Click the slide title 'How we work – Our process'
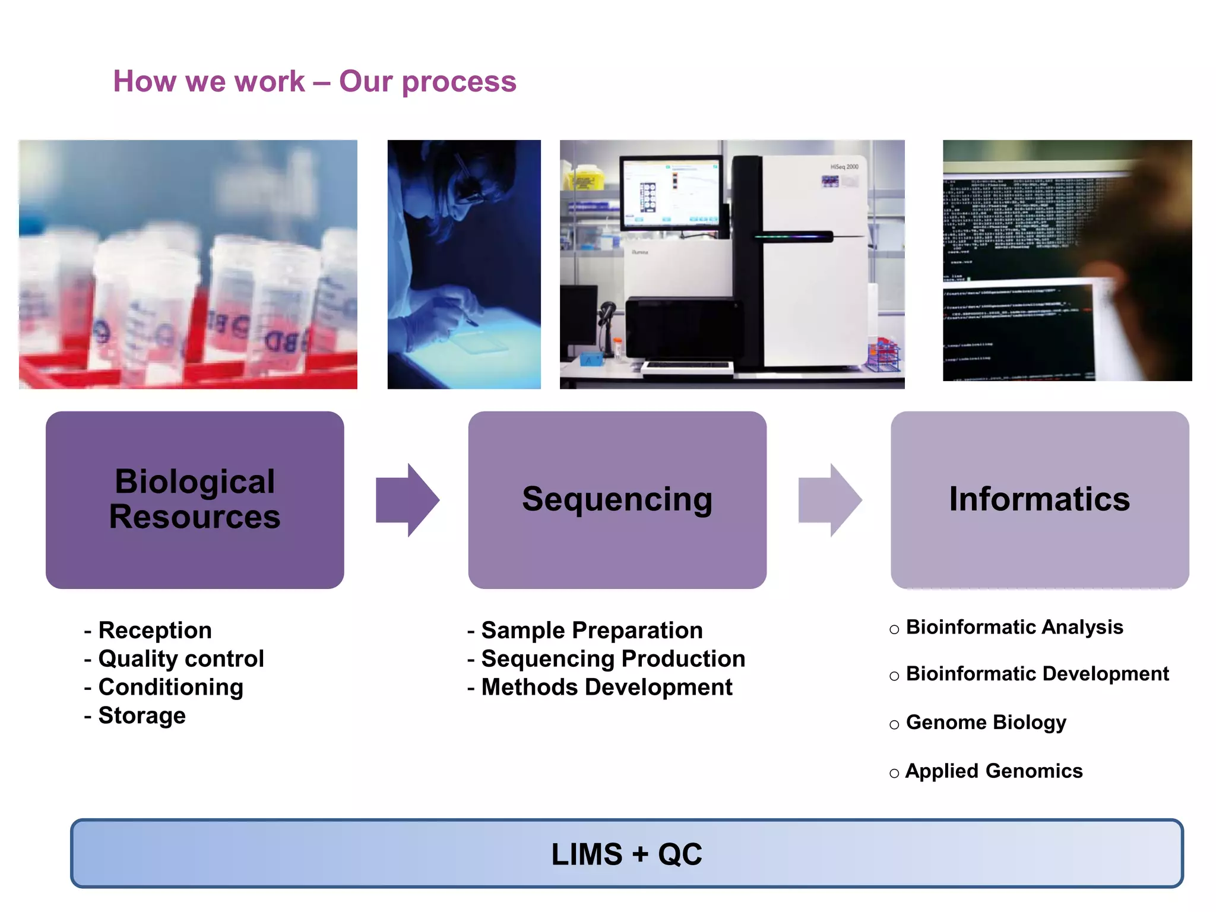point(315,81)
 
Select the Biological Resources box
point(195,499)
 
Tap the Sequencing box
point(617,499)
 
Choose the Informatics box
point(1039,499)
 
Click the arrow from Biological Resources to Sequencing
point(407,500)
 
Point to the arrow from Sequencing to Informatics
point(829,500)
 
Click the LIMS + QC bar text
point(626,854)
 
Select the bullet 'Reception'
point(154,630)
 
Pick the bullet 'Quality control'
point(180,658)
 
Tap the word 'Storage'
point(141,715)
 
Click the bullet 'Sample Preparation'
point(591,630)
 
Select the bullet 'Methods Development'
point(606,687)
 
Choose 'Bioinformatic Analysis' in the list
point(1014,627)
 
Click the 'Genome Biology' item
point(986,722)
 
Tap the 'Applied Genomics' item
point(993,771)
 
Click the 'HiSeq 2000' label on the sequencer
point(844,167)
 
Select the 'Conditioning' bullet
point(170,687)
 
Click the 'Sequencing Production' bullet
point(613,658)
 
